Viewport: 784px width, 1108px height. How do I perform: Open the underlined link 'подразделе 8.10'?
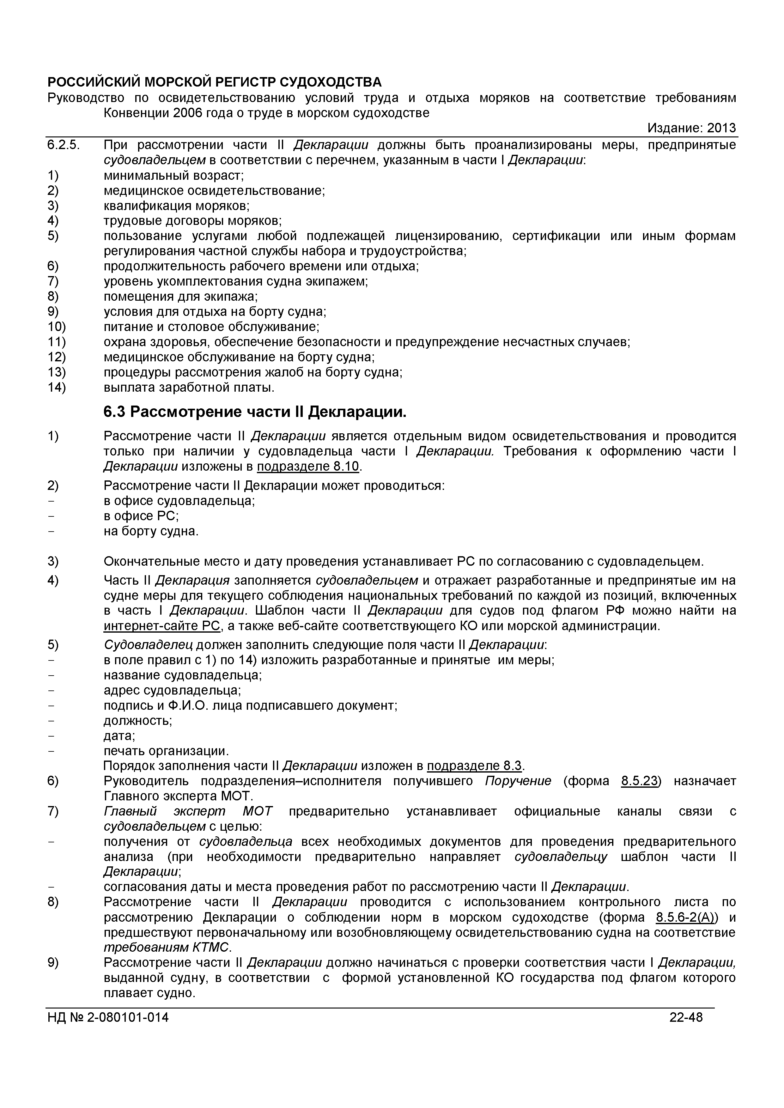click(308, 467)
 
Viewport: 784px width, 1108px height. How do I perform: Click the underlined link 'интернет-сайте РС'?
click(162, 626)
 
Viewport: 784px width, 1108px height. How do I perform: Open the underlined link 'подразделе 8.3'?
click(475, 766)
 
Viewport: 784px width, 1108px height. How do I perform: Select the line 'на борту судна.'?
click(151, 531)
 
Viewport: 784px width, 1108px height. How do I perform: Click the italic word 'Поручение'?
click(518, 781)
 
